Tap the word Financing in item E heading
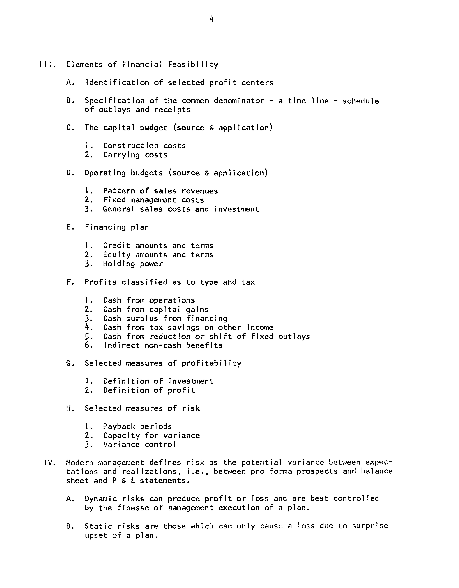pyautogui.click(x=105, y=227)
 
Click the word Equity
pyautogui.click(x=117, y=255)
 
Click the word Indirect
pyautogui.click(x=121, y=345)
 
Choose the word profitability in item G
pyautogui.click(x=211, y=363)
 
